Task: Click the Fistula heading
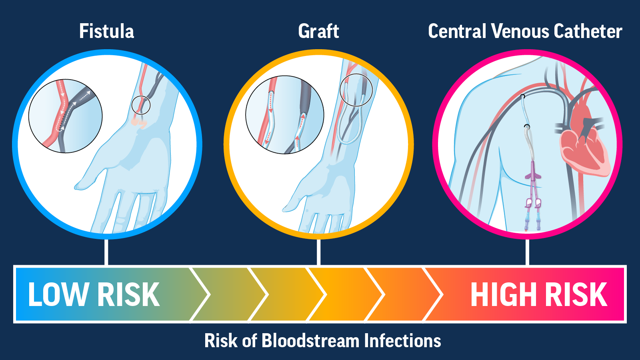[x=106, y=31]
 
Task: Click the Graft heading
[x=318, y=31]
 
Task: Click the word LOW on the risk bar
[x=59, y=295]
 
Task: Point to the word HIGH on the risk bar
[x=504, y=295]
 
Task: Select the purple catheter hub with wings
[x=533, y=174]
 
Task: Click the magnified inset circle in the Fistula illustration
[x=65, y=116]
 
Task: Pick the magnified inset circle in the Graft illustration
[x=284, y=115]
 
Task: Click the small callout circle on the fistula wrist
[x=141, y=105]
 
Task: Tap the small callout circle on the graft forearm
[x=356, y=90]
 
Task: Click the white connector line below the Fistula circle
[x=106, y=252]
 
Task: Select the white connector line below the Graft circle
[x=318, y=252]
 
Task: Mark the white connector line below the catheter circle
[x=527, y=252]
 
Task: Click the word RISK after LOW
[x=128, y=295]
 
